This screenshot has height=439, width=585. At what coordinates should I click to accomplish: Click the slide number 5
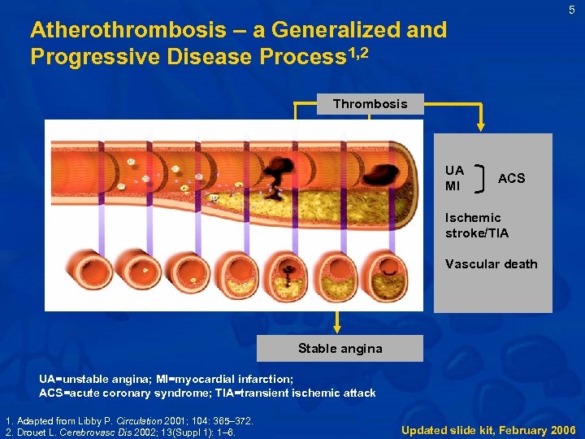click(571, 10)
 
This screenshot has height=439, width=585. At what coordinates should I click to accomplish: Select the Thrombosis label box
click(370, 104)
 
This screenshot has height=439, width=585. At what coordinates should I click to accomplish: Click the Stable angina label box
click(340, 349)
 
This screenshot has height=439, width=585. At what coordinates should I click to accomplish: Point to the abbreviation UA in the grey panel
click(454, 171)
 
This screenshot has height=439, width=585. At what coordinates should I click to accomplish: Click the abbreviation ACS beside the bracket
click(511, 178)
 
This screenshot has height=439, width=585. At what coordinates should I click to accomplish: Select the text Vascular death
click(491, 263)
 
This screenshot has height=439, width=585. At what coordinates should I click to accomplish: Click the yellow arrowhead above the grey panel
click(480, 128)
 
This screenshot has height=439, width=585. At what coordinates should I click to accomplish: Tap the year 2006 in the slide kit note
click(562, 429)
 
